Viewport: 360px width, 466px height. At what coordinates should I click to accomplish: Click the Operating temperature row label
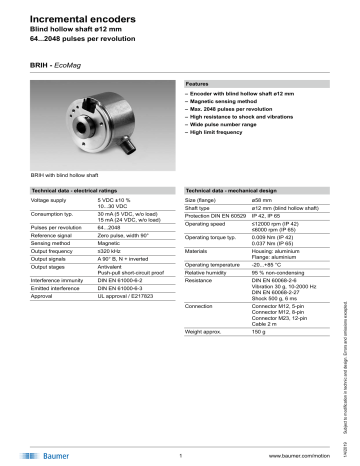pyautogui.click(x=219, y=291)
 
